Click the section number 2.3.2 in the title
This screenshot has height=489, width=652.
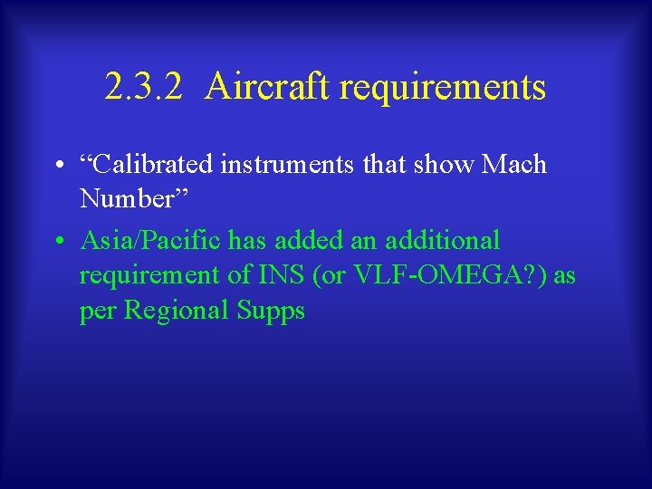(x=144, y=88)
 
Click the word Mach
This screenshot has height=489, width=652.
(x=514, y=165)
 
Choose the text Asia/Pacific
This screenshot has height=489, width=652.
(x=150, y=241)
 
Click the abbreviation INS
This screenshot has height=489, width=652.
(x=275, y=275)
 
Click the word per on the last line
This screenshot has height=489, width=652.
(x=98, y=312)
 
